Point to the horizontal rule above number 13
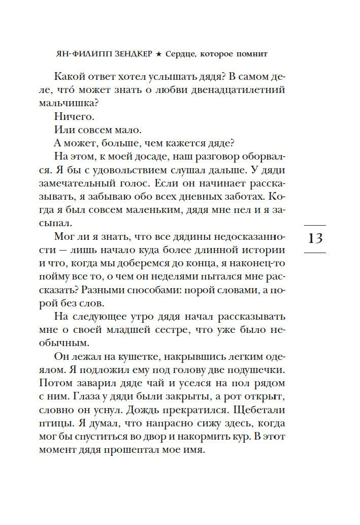coord(315,225)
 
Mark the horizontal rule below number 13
coord(315,252)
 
